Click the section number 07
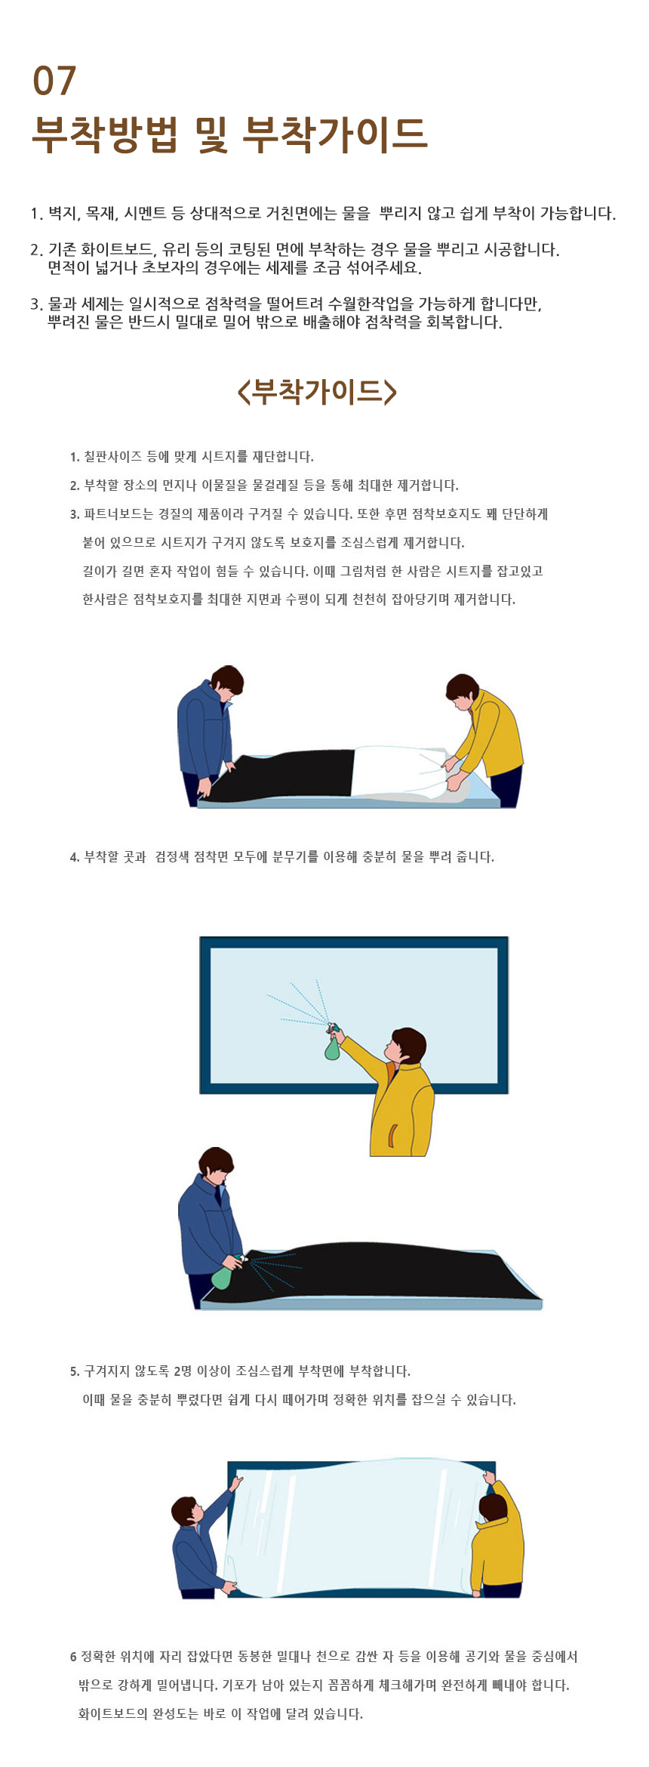click(x=54, y=81)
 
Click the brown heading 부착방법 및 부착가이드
click(x=230, y=134)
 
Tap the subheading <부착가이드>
click(x=317, y=391)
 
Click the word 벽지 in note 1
click(x=63, y=214)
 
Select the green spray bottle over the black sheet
click(x=223, y=1273)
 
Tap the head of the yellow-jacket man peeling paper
click(x=462, y=692)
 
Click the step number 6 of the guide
click(x=73, y=1657)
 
